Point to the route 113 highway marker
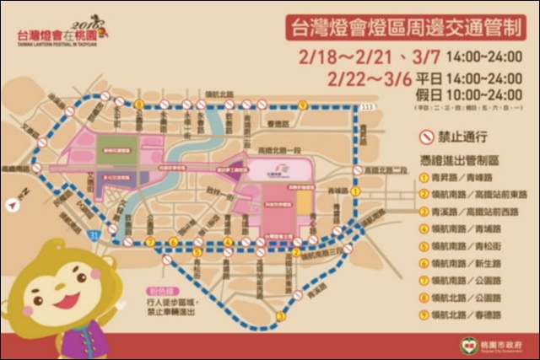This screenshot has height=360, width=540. (x=365, y=107)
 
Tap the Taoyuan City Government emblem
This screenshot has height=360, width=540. (x=466, y=344)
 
